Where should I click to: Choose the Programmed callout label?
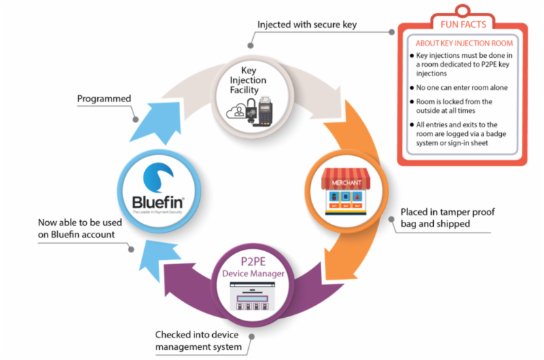(104, 99)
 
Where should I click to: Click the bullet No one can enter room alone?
(462, 87)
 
